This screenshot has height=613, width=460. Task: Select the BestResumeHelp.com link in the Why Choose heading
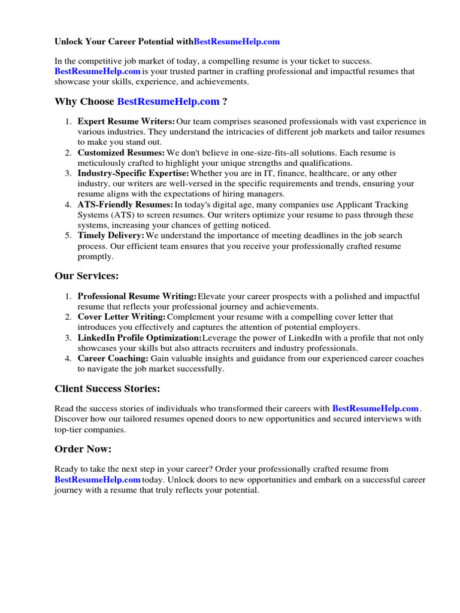tap(168, 102)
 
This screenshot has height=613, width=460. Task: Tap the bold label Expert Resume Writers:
tap(126, 122)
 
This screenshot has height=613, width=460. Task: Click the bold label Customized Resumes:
tap(121, 153)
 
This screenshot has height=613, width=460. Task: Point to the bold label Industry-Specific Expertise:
tap(133, 174)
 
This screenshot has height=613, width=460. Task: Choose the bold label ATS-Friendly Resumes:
tap(125, 205)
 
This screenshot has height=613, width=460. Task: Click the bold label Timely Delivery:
tap(111, 236)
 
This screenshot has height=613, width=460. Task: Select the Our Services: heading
tap(87, 276)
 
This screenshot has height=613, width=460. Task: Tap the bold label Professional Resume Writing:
tap(137, 296)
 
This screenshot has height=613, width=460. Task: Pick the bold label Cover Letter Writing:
tap(122, 317)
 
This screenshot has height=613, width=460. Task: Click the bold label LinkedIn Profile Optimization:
tap(140, 338)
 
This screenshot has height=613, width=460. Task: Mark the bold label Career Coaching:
tap(113, 359)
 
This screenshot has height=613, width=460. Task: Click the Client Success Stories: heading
tap(107, 389)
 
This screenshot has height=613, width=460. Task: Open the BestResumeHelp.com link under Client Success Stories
tap(375, 408)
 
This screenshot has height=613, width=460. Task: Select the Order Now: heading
tap(83, 449)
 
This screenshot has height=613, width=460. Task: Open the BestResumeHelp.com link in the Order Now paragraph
tap(97, 480)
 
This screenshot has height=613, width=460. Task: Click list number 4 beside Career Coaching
tap(68, 359)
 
